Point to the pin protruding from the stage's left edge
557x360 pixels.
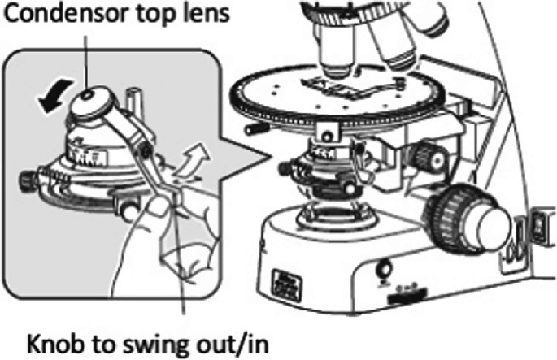[x=250, y=129]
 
